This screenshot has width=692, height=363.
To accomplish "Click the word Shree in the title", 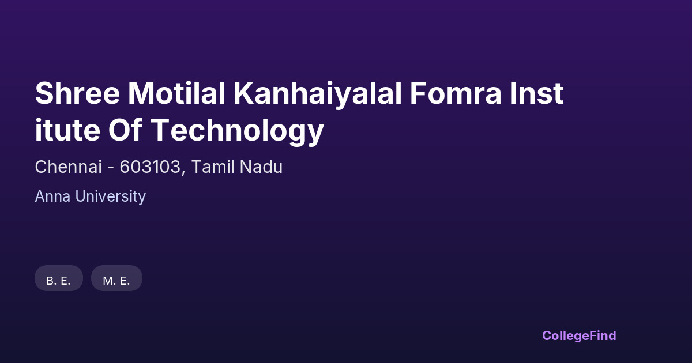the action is (x=77, y=93).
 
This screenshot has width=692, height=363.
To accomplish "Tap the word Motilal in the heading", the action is (x=176, y=93).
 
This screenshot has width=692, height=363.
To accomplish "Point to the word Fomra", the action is (x=456, y=93).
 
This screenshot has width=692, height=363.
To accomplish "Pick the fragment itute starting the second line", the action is (x=67, y=130).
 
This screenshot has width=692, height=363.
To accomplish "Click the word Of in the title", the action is (x=125, y=130).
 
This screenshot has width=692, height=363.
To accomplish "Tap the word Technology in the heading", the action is (x=238, y=132).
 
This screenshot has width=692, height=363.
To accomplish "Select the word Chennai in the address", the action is (x=68, y=167).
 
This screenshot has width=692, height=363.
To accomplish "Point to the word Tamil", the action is (x=213, y=167).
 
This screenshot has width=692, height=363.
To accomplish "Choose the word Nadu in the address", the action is (x=261, y=167).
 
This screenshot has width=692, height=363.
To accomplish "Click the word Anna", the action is (x=52, y=196).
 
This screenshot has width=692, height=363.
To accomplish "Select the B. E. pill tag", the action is (x=59, y=278).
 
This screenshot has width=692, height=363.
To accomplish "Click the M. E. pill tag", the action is (x=116, y=278).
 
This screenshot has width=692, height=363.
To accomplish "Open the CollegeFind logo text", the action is (x=579, y=335).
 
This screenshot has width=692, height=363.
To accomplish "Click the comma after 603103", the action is (x=183, y=173).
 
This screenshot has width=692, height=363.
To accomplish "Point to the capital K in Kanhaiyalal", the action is (x=243, y=93).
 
